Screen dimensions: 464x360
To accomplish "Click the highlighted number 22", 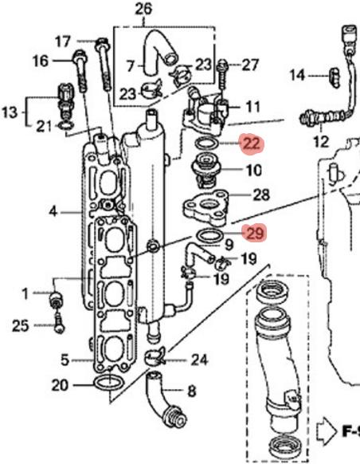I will coord(252,144).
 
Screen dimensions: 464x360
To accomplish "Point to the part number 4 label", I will coord(53,212).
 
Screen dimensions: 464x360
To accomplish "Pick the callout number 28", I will coord(260,195).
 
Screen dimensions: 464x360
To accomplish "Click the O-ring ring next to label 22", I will coord(209,143).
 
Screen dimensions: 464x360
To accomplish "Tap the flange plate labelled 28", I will coord(209,209).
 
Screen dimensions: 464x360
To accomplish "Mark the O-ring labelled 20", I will coord(108,386).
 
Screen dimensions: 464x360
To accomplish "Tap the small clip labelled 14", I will coord(335,76).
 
